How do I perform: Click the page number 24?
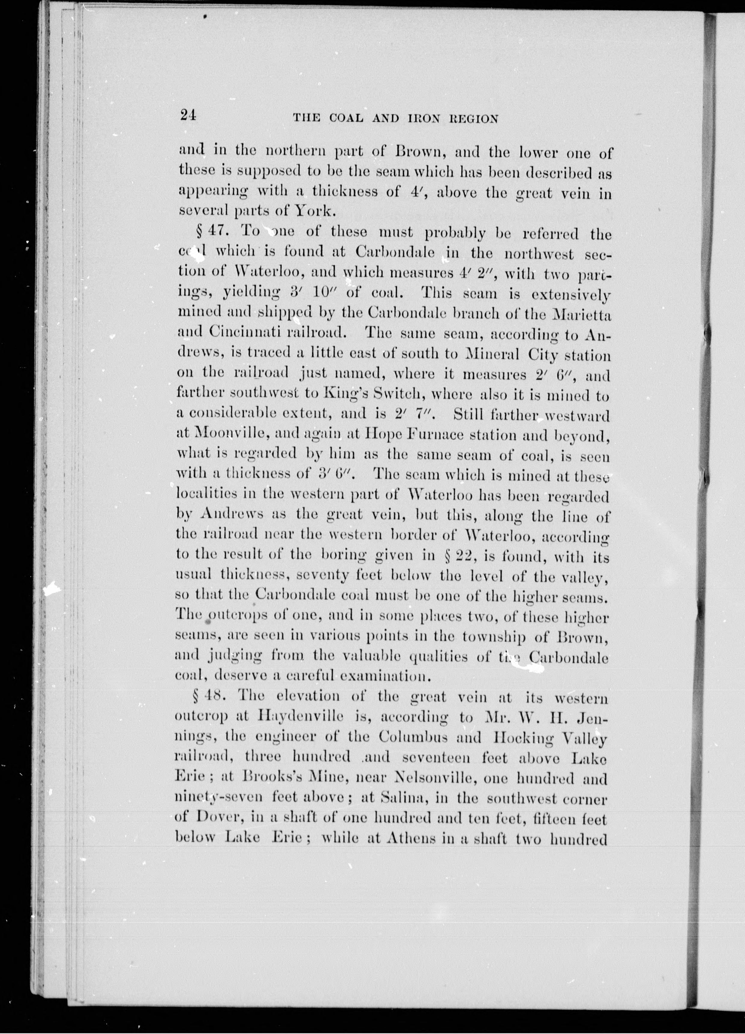[x=188, y=116]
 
